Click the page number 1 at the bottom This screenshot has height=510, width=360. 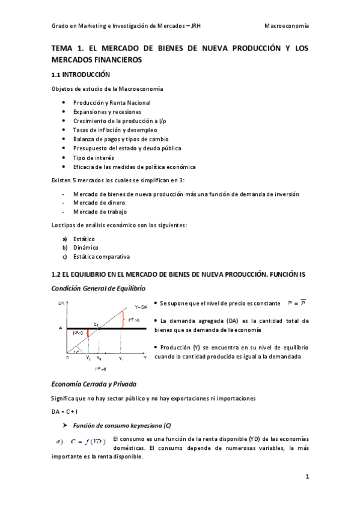pyautogui.click(x=307, y=478)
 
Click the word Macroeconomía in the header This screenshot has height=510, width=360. pyautogui.click(x=287, y=26)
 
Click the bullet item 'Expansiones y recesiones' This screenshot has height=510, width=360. pyautogui.click(x=107, y=112)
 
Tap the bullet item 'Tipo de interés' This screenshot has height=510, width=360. pyautogui.click(x=93, y=158)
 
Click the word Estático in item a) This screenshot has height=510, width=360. pyautogui.click(x=84, y=239)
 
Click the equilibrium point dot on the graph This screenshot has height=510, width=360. pyautogui.click(x=99, y=328)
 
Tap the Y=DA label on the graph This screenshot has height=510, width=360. pyautogui.click(x=141, y=307)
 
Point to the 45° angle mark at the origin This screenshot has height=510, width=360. pyautogui.click(x=76, y=352)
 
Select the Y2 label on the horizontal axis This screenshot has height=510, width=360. pyautogui.click(x=88, y=358)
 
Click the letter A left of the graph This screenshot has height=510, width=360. pyautogui.click(x=60, y=328)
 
